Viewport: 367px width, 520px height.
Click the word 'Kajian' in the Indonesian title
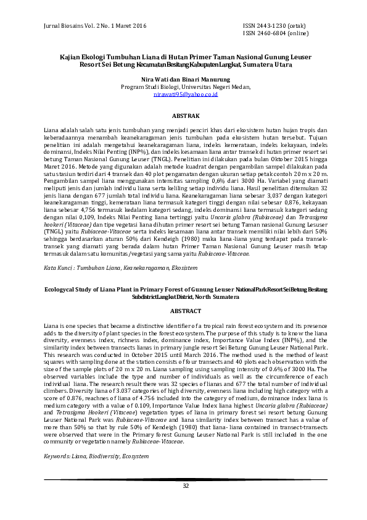point(69,56)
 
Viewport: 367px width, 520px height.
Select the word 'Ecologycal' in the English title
point(62,290)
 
